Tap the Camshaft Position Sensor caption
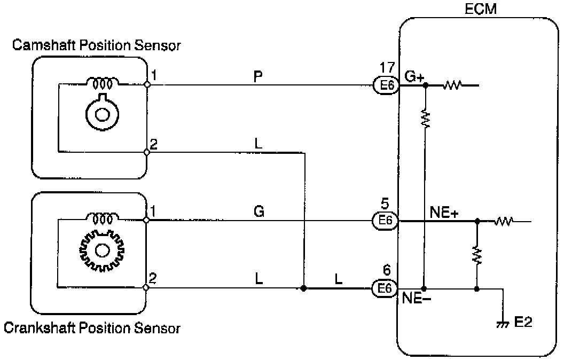click(x=96, y=45)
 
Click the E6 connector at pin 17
click(x=385, y=85)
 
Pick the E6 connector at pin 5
click(x=385, y=221)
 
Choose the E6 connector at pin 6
click(x=385, y=288)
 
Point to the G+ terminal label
click(x=414, y=76)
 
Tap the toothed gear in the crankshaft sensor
click(x=101, y=250)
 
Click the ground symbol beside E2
click(x=502, y=323)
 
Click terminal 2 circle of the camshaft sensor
click(x=147, y=152)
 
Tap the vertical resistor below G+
click(x=425, y=118)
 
